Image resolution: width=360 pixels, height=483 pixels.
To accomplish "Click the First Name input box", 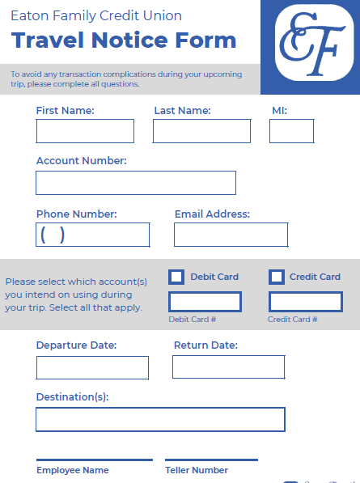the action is click(85, 131).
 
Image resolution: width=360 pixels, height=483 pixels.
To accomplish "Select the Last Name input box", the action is click(201, 131).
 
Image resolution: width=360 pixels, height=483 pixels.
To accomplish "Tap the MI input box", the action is click(291, 131).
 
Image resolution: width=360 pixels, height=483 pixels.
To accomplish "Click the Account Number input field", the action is click(136, 183).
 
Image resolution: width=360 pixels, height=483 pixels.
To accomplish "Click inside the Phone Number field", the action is click(93, 235).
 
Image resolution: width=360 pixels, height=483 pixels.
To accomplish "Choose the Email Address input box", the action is click(231, 235).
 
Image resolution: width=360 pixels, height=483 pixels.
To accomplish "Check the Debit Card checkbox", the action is click(176, 277).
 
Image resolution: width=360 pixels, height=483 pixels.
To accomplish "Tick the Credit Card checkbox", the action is click(277, 277).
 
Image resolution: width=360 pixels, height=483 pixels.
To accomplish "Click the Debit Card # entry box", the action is click(205, 302).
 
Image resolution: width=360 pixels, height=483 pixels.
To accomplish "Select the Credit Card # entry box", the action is click(305, 302).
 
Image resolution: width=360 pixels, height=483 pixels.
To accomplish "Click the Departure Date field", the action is click(92, 367).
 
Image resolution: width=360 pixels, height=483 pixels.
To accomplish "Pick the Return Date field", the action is click(228, 366).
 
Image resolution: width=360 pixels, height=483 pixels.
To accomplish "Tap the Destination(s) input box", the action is click(160, 419).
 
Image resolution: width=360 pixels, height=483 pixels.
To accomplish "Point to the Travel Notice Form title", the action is click(124, 40).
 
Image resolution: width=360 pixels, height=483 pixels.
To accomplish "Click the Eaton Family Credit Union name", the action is click(96, 15).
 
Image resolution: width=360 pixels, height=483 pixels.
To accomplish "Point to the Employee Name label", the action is click(72, 470).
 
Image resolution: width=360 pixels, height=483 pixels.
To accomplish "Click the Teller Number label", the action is click(197, 470).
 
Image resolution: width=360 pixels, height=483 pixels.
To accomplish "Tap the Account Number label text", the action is click(81, 161).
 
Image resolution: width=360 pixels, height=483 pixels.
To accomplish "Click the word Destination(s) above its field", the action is click(72, 397).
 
